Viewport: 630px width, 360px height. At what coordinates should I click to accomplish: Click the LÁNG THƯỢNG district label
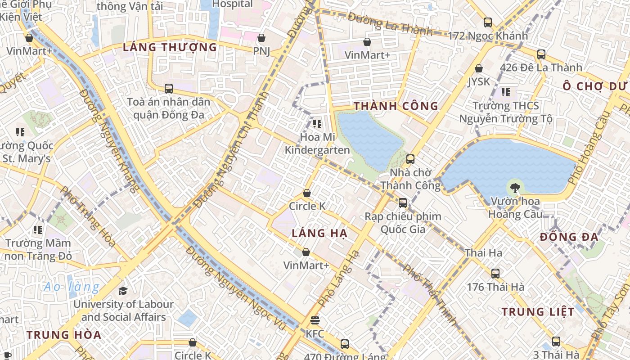[170, 47]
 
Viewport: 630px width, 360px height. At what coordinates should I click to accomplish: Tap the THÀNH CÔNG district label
[396, 106]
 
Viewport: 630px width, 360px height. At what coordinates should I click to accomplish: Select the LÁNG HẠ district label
[319, 233]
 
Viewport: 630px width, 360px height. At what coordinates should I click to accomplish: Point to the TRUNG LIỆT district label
[538, 312]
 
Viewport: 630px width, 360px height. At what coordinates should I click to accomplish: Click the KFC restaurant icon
[315, 320]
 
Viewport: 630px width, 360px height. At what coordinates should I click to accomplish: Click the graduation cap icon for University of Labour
[123, 291]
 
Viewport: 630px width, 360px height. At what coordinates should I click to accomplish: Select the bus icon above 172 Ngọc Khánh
[487, 22]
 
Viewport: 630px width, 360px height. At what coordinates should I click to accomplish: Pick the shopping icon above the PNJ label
[261, 38]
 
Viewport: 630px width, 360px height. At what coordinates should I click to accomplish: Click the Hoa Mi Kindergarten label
[317, 144]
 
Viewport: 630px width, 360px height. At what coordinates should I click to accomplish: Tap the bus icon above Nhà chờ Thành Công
[410, 159]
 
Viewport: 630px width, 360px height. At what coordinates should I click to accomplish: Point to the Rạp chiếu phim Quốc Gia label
[403, 223]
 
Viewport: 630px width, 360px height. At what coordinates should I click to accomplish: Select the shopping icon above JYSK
[479, 68]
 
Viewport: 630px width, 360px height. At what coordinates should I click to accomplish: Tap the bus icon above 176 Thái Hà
[495, 273]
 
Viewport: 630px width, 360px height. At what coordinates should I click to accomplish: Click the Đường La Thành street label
[390, 25]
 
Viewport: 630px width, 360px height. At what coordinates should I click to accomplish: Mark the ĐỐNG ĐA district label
[569, 237]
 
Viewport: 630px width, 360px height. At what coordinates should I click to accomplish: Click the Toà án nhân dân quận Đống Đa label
[168, 108]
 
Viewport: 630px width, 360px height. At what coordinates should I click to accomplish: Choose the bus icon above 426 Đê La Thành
[541, 54]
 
